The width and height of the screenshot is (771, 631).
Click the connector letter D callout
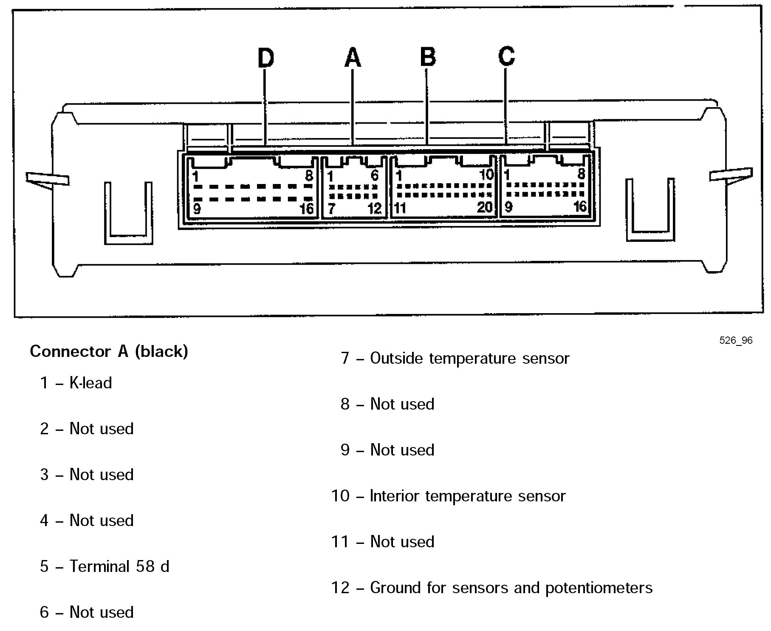265,58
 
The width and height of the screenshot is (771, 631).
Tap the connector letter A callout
353,58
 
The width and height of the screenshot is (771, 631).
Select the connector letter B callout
428,57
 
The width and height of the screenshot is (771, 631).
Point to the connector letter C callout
506,56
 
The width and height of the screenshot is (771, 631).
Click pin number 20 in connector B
485,207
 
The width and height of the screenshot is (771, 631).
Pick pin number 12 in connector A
375,209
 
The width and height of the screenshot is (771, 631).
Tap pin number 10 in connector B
486,174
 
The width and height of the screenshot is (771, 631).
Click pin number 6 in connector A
375,175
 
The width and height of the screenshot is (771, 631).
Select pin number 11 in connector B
400,208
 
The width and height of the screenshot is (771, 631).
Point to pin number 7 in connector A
331,209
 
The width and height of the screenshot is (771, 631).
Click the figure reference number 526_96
736,340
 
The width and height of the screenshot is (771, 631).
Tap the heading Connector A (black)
109,351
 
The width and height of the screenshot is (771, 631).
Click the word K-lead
90,383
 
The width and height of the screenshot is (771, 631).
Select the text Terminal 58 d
119,566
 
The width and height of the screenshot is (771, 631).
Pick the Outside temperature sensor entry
469,358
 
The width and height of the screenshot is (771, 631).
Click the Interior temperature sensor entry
468,496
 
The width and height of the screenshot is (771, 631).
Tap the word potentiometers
599,588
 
